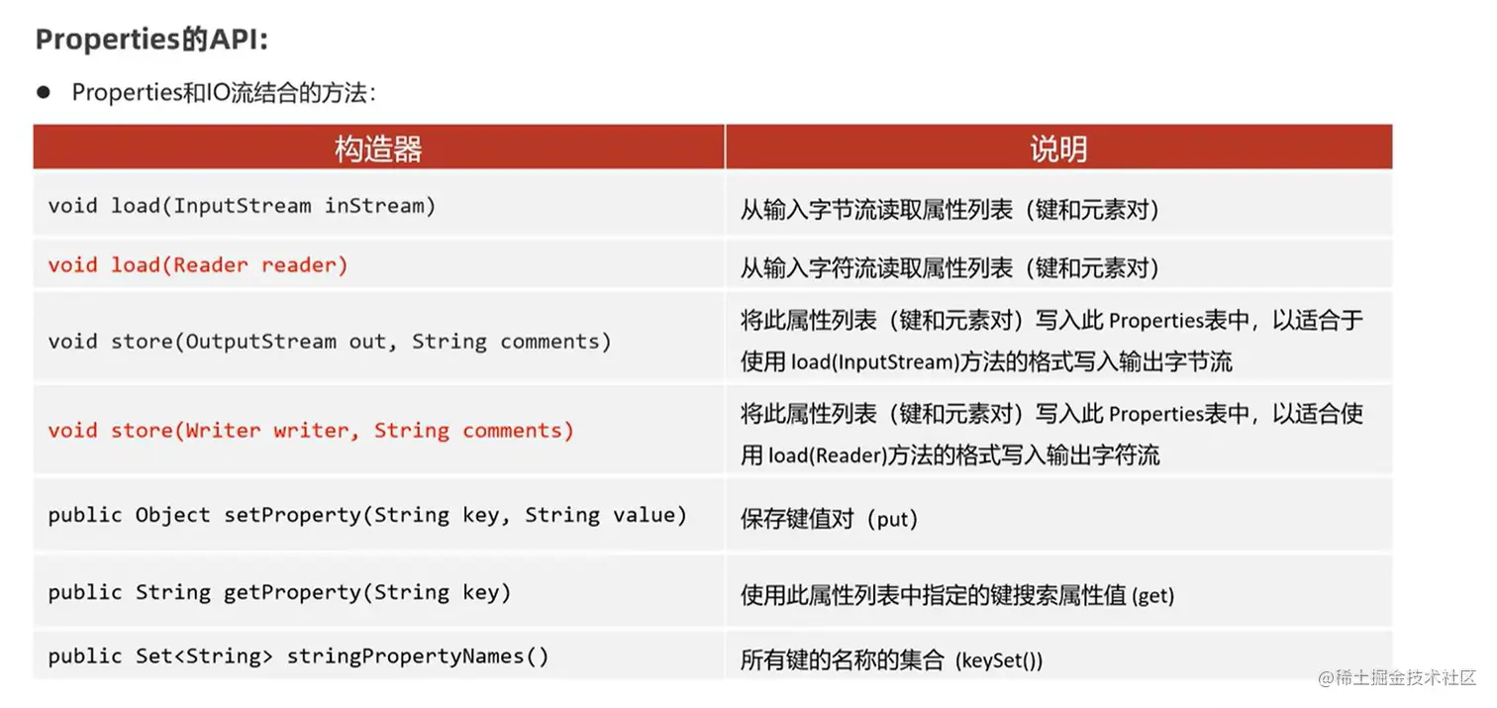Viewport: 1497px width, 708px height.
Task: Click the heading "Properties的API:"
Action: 151,40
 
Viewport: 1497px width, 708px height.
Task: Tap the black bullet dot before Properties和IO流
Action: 43,92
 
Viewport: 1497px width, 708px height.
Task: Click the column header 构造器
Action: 378,149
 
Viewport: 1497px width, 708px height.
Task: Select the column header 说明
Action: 1057,149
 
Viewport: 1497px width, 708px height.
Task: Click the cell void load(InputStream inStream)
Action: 242,206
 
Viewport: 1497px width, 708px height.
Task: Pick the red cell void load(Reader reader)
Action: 198,265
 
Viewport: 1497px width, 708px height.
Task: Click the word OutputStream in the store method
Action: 261,342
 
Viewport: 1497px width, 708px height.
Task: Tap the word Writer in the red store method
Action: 224,431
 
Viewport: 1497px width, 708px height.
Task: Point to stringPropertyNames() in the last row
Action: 417,656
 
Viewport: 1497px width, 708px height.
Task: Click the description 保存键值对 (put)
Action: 829,519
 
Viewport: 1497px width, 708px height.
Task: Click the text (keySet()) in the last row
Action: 999,660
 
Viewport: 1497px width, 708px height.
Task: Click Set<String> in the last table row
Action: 203,656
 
